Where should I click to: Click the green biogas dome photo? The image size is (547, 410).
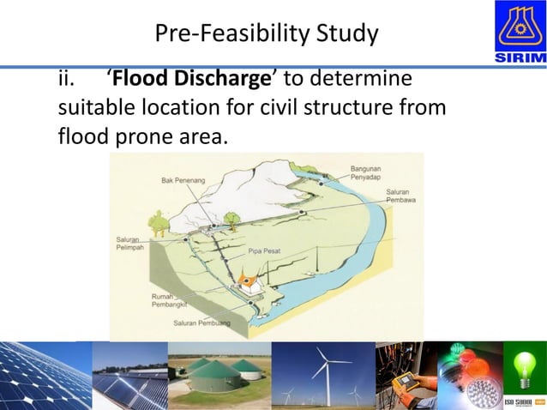pos(219,374)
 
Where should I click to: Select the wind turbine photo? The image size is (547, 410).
pos(322,374)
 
